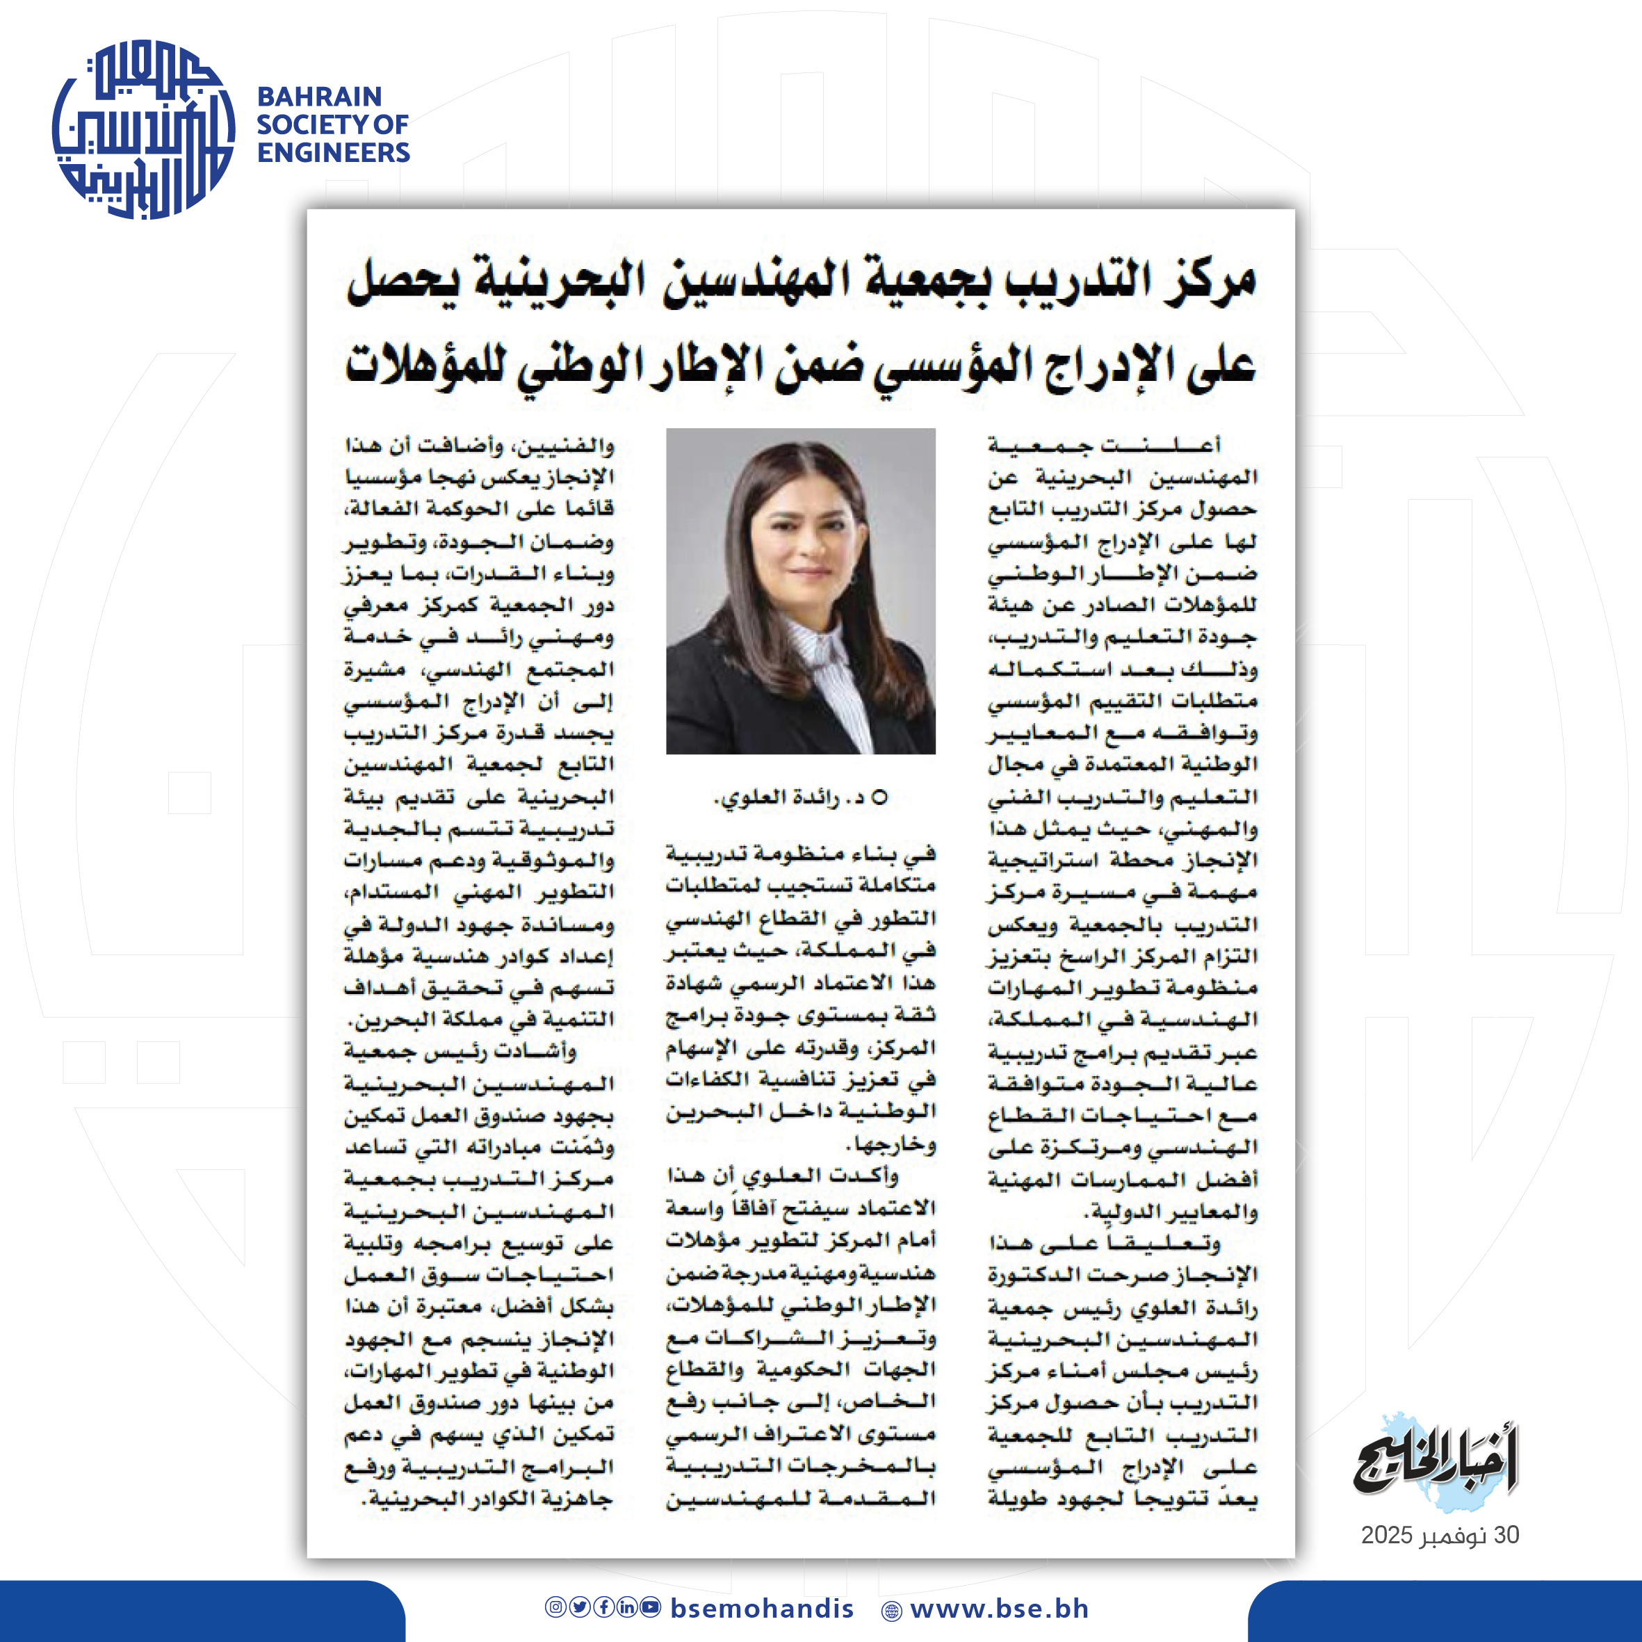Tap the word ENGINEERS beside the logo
[x=333, y=153]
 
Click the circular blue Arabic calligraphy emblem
[x=143, y=129]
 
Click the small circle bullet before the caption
[x=879, y=797]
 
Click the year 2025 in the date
[x=1386, y=1536]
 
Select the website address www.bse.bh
[x=999, y=1609]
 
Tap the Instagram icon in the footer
[x=555, y=1607]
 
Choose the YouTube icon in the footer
[x=651, y=1607]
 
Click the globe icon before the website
[x=891, y=1611]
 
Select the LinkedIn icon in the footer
[x=627, y=1607]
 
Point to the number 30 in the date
[x=1506, y=1536]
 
